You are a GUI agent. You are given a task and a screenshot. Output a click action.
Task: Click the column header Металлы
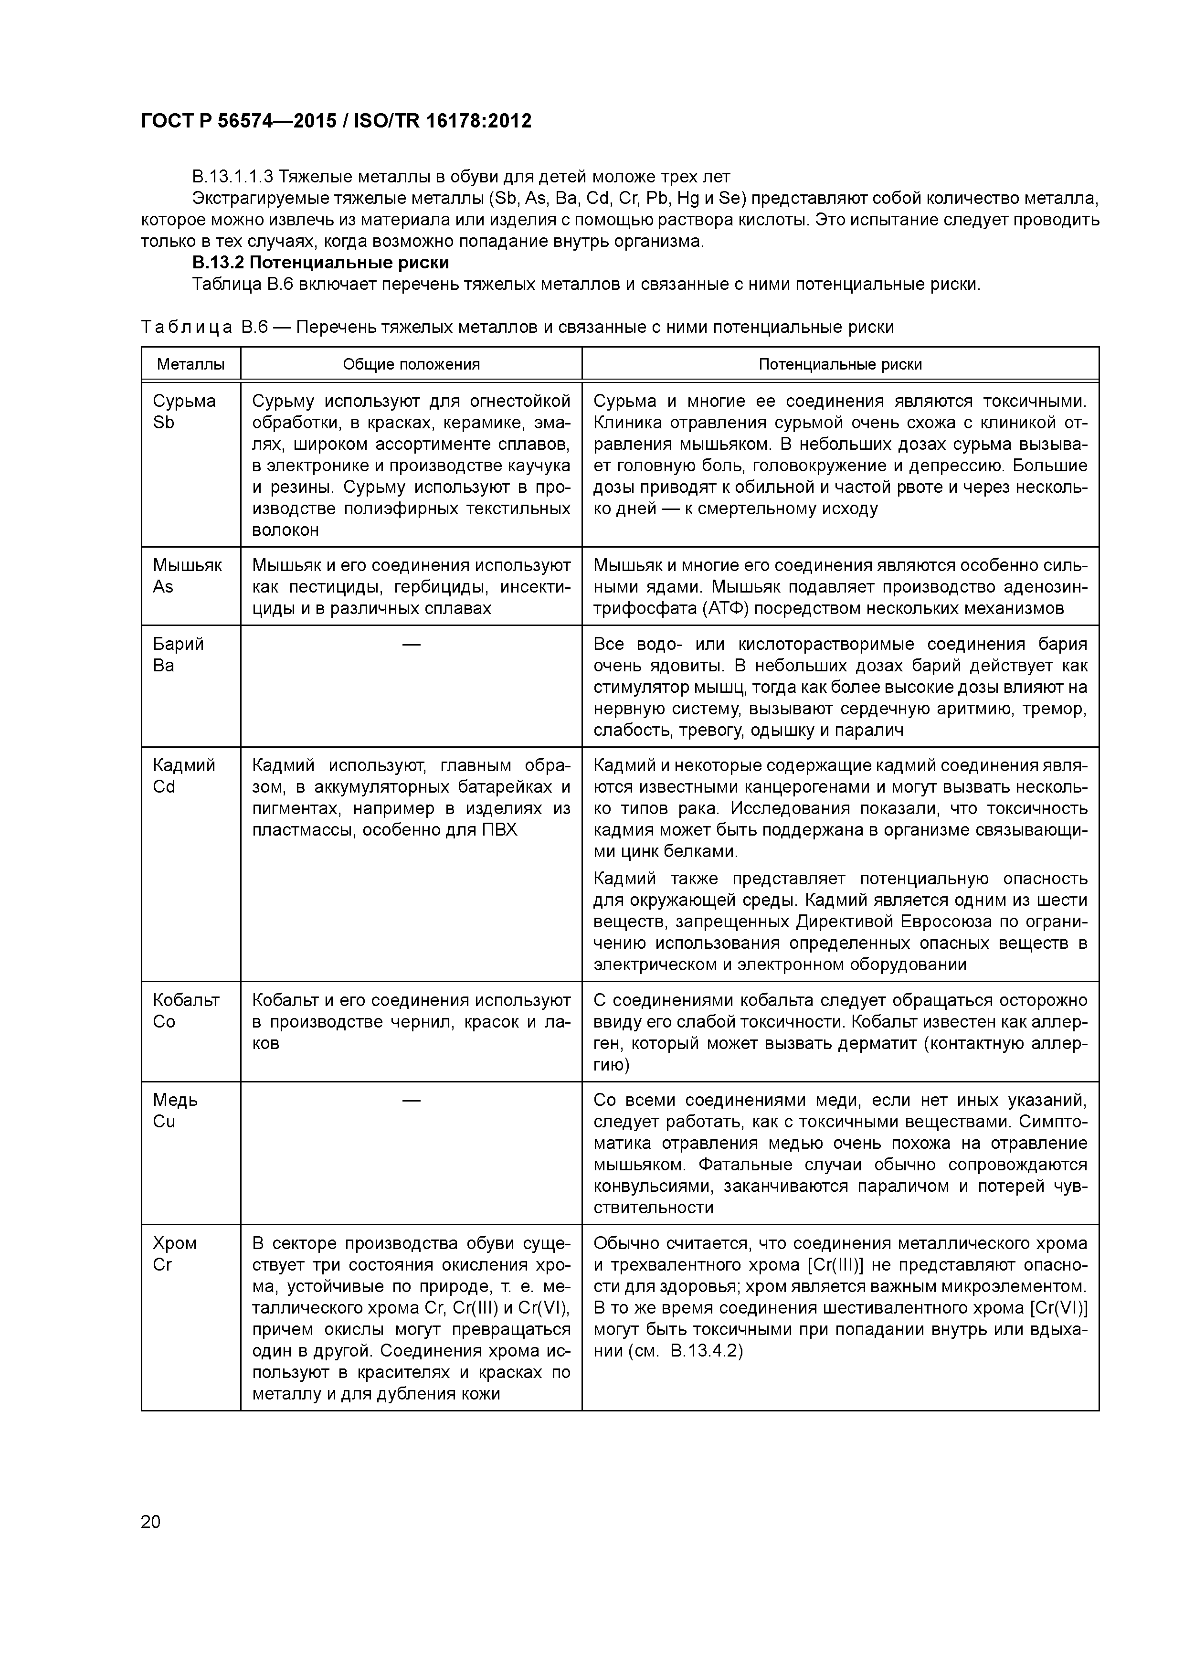point(190,364)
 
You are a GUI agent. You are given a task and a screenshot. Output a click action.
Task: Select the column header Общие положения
point(412,364)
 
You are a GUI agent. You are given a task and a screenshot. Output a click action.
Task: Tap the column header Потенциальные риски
point(840,364)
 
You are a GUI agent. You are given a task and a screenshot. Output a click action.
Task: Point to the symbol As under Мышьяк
point(163,587)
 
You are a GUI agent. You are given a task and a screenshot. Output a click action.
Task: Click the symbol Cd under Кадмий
point(164,787)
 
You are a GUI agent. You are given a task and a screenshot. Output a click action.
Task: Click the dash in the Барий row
point(412,644)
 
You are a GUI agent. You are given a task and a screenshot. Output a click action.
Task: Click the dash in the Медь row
point(412,1100)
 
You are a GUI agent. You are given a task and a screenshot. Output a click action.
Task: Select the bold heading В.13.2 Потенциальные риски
point(320,262)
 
